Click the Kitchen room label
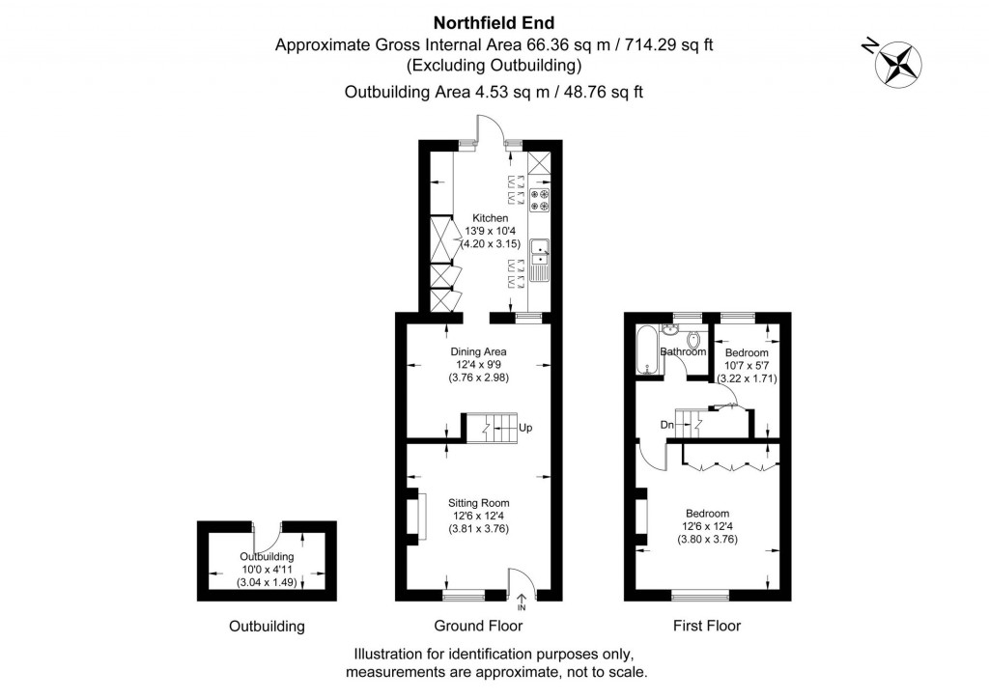tap(490, 218)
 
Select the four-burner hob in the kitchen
tap(539, 200)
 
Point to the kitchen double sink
tap(538, 253)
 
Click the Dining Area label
tap(478, 351)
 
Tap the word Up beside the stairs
tap(525, 428)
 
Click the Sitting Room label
tap(478, 503)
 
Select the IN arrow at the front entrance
tap(522, 602)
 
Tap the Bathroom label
tap(683, 352)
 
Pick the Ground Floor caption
tap(478, 626)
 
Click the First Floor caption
tap(707, 626)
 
